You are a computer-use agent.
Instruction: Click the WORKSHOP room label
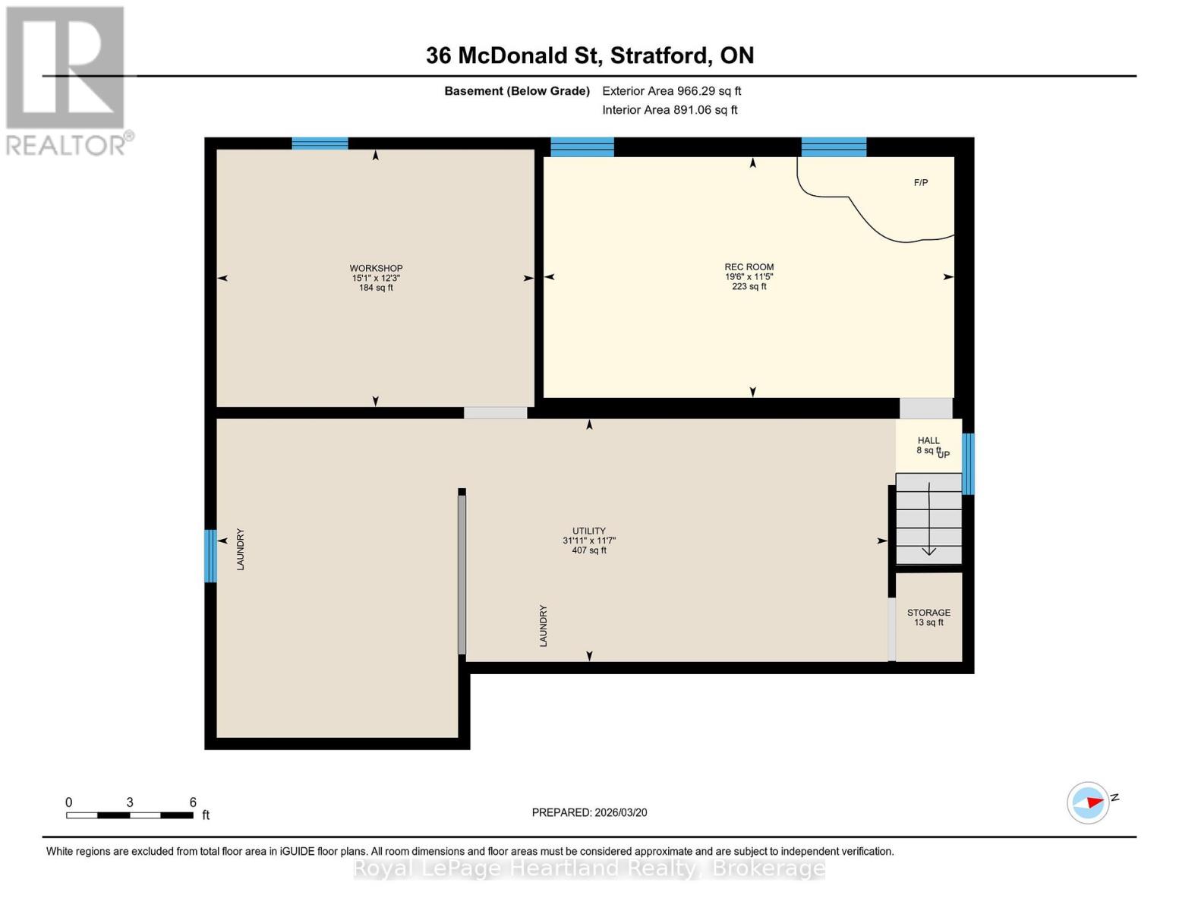point(376,268)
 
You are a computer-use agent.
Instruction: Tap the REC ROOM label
point(749,267)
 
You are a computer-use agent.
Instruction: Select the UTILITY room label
point(588,531)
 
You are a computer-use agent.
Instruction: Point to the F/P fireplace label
point(921,183)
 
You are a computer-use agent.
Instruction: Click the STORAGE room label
point(928,613)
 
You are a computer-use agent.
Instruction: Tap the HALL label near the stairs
point(928,440)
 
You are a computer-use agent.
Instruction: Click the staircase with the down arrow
point(928,519)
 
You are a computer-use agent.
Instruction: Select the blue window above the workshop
point(320,143)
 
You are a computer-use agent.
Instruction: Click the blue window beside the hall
point(968,464)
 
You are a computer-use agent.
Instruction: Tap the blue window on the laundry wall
point(210,556)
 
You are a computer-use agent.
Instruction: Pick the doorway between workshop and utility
point(495,413)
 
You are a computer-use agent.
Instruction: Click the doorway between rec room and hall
point(925,408)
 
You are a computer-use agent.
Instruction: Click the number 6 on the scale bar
point(193,802)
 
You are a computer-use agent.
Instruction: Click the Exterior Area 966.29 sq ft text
point(671,91)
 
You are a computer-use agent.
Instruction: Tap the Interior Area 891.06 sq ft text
point(670,110)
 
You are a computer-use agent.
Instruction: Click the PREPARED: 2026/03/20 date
point(589,812)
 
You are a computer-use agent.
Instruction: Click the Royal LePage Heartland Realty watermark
point(589,868)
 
